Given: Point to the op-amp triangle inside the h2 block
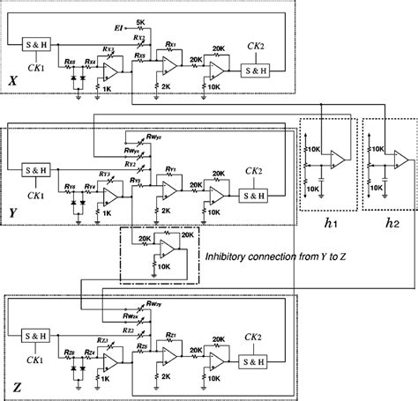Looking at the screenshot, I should (399, 160).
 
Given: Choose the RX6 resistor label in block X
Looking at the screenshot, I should (71, 62).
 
